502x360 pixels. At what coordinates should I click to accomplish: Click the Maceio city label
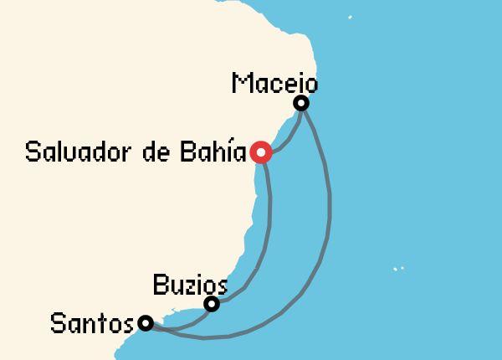tap(274, 84)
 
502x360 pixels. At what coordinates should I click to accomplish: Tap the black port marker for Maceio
tap(301, 103)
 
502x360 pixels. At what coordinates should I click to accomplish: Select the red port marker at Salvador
tap(261, 152)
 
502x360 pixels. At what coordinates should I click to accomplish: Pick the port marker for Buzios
tap(213, 304)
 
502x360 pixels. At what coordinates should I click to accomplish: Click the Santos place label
tap(92, 323)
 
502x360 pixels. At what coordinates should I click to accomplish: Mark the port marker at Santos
tap(146, 322)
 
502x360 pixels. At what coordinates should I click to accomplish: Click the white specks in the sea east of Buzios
tap(398, 269)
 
